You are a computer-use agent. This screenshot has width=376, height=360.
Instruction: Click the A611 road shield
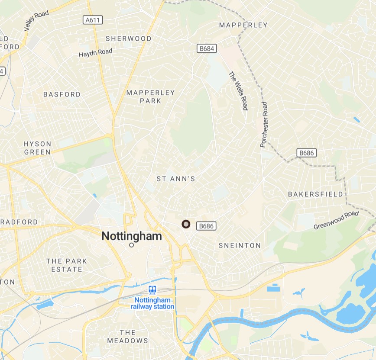coord(93,20)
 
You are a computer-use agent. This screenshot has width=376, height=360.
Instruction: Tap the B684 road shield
coord(207,48)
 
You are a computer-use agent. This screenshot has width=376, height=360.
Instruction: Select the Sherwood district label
coord(129,39)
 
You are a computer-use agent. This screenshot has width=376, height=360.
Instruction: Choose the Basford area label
coord(62,94)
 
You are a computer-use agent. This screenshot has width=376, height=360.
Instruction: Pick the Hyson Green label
coord(37,148)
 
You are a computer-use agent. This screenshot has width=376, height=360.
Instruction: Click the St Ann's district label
coord(176,179)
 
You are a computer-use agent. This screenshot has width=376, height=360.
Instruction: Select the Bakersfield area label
coord(315,194)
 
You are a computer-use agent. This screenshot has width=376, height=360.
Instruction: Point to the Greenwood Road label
coord(336,220)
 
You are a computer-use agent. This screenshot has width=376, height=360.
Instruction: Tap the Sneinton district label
coord(240,245)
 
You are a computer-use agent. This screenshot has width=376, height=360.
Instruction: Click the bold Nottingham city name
coord(131,236)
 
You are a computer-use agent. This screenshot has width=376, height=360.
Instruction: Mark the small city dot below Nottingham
coord(132,245)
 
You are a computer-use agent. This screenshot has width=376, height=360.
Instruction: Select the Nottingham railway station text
coord(152,303)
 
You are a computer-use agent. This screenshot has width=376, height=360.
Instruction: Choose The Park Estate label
coord(67,265)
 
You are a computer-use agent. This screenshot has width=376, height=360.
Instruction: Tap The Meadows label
coord(127,336)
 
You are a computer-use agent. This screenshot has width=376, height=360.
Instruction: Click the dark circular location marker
coord(186,224)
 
